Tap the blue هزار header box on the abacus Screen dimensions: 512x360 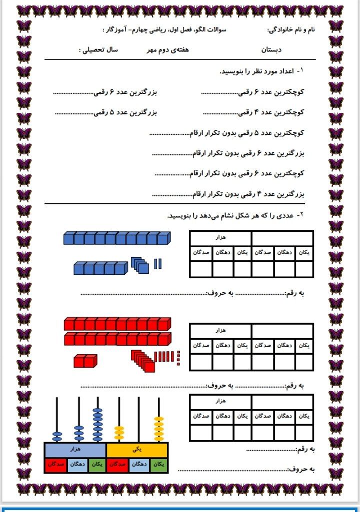pyautogui.click(x=76, y=450)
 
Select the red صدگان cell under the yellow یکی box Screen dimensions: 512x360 pyautogui.click(x=117, y=464)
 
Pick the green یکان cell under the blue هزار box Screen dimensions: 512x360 pyautogui.click(x=96, y=464)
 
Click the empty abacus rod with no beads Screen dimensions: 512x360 pyautogui.click(x=138, y=420)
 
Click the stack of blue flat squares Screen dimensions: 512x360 pyautogui.click(x=140, y=265)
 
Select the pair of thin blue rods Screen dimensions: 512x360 pyautogui.click(x=158, y=264)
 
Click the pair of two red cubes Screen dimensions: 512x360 pyautogui.click(x=85, y=360)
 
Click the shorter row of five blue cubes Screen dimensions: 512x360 pyautogui.click(x=100, y=269)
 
